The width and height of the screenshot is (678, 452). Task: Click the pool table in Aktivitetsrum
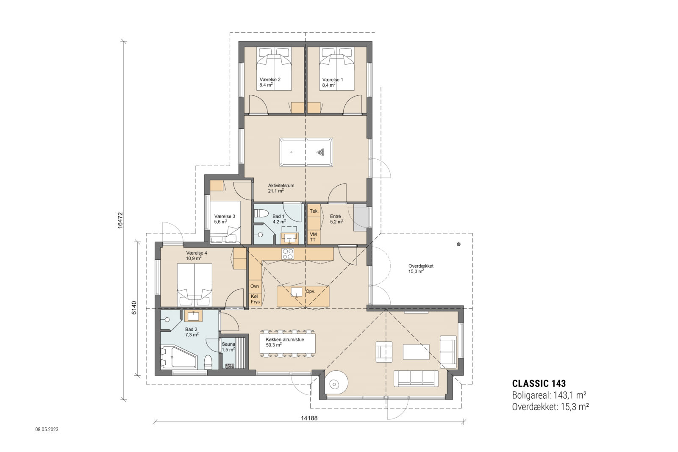pos(306,152)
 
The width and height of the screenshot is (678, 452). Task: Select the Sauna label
pos(228,344)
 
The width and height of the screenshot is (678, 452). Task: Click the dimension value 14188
pos(309,418)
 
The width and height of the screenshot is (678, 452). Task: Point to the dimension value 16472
pos(120,220)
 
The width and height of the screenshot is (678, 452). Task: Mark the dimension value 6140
pos(134,308)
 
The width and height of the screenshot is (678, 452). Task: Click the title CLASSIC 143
pos(539,384)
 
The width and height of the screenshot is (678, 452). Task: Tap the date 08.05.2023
pos(47,429)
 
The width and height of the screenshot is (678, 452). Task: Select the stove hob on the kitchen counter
pos(288,254)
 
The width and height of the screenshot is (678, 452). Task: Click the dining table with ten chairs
pos(288,344)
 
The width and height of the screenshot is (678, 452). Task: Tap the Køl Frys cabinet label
pos(255,299)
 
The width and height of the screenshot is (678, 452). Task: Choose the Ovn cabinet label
pos(255,286)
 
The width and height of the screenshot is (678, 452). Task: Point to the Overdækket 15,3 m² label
pos(420,269)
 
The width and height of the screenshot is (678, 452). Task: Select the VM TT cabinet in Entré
pos(313,237)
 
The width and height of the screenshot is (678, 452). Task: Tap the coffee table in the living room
pos(416,352)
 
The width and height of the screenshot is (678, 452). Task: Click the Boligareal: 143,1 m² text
pos(549,395)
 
